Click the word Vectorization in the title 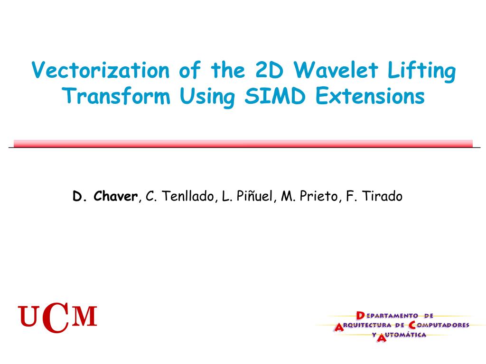tap(100, 71)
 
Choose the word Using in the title tap(208, 98)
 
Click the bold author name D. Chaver tap(105, 196)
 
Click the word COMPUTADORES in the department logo tap(439, 325)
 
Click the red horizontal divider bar tap(243, 144)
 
